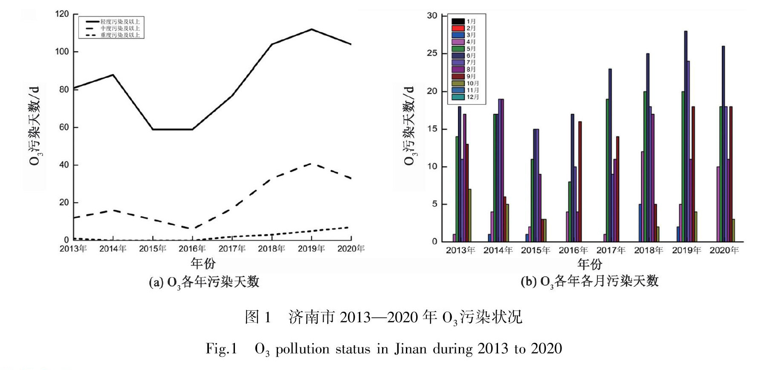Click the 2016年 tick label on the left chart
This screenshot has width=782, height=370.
click(192, 249)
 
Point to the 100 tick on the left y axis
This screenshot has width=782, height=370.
click(62, 52)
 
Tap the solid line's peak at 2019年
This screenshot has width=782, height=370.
click(312, 29)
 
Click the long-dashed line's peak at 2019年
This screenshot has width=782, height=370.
click(312, 163)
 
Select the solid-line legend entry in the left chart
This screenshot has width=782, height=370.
click(113, 21)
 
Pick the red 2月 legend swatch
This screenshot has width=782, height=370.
click(458, 28)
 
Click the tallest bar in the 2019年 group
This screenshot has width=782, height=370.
click(686, 136)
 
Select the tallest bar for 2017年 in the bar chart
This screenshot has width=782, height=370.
click(610, 155)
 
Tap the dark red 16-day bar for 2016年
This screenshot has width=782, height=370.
click(580, 182)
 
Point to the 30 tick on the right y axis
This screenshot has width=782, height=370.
click(432, 16)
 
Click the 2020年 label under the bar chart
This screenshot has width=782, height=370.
click(724, 250)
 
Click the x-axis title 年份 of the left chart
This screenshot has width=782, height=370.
click(203, 263)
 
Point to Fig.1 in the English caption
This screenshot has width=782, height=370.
click(221, 349)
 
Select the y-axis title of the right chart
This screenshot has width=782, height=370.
click(409, 126)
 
